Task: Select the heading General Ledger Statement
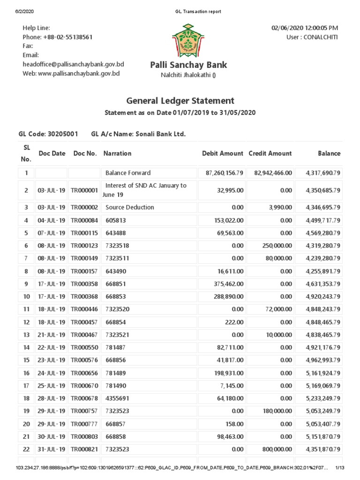[180, 101]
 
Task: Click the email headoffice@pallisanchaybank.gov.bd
[73, 65]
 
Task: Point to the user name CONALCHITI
[319, 37]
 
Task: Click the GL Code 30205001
[62, 135]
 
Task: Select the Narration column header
[117, 153]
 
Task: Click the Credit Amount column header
[270, 153]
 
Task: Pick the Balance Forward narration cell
[128, 173]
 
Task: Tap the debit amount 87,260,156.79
[225, 173]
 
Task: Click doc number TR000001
[84, 190]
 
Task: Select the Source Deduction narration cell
[129, 207]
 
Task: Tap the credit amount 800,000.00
[277, 449]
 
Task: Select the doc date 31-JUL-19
[52, 449]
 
